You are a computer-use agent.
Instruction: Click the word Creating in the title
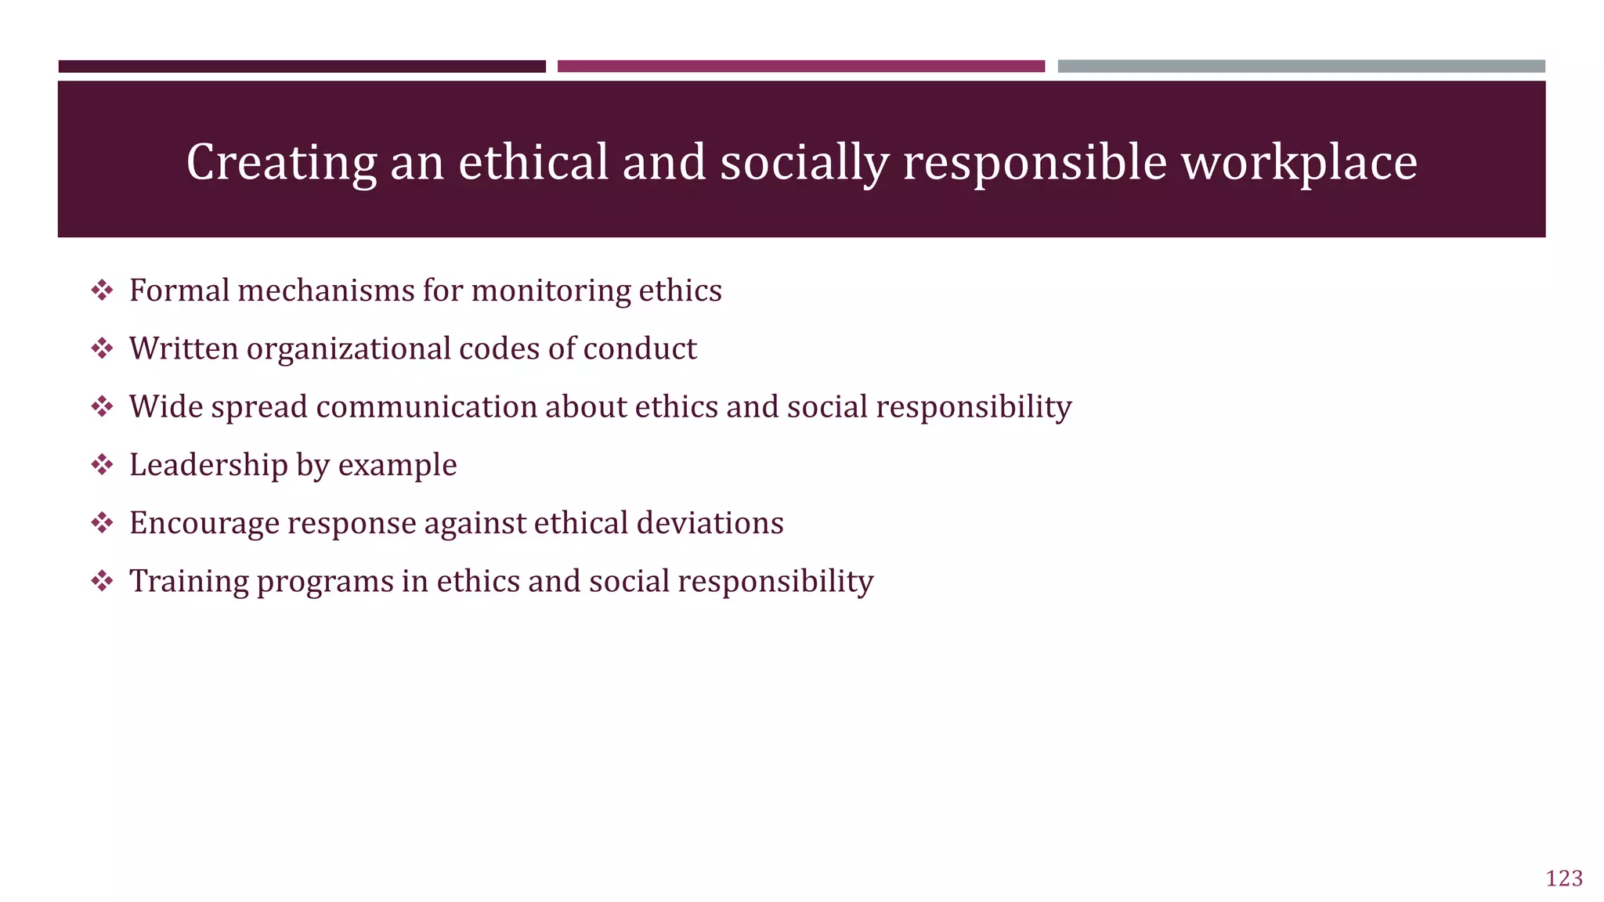281,162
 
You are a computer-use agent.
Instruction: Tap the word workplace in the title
1299,162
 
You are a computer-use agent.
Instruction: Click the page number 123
1564,879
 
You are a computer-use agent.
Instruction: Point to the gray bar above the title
1301,67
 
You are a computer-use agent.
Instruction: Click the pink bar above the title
800,67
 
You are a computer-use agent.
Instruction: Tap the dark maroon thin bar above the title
302,67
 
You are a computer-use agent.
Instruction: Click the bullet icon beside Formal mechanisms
102,290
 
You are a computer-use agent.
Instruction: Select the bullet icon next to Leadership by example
102,465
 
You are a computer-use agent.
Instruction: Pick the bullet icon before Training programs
102,581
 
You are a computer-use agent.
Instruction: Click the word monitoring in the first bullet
551,290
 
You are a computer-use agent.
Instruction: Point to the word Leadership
208,465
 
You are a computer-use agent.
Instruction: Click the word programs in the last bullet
325,581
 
